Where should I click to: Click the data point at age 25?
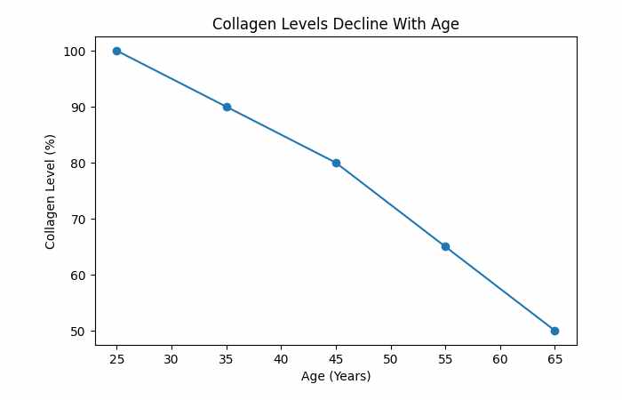coord(116,51)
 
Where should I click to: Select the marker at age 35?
coord(227,107)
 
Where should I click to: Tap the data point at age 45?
coord(336,163)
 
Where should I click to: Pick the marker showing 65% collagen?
coord(445,246)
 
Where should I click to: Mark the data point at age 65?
coord(554,331)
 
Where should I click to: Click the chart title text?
coord(335,24)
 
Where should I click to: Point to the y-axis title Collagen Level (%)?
coord(52,190)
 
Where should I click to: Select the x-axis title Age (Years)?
coord(335,376)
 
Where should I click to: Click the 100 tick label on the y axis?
coord(75,52)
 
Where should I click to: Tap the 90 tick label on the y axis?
coord(78,108)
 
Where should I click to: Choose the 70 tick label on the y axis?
coord(78,219)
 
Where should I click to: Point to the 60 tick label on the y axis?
coord(78,275)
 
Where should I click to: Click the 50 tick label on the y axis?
coord(78,331)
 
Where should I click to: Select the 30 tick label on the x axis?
coord(171,358)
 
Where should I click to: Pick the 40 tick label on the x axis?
coord(281,358)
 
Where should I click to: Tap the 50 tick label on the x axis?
coord(390,358)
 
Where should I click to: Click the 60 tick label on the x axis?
coord(500,358)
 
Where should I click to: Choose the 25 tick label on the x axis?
coord(116,358)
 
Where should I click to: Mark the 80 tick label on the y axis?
coord(78,164)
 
